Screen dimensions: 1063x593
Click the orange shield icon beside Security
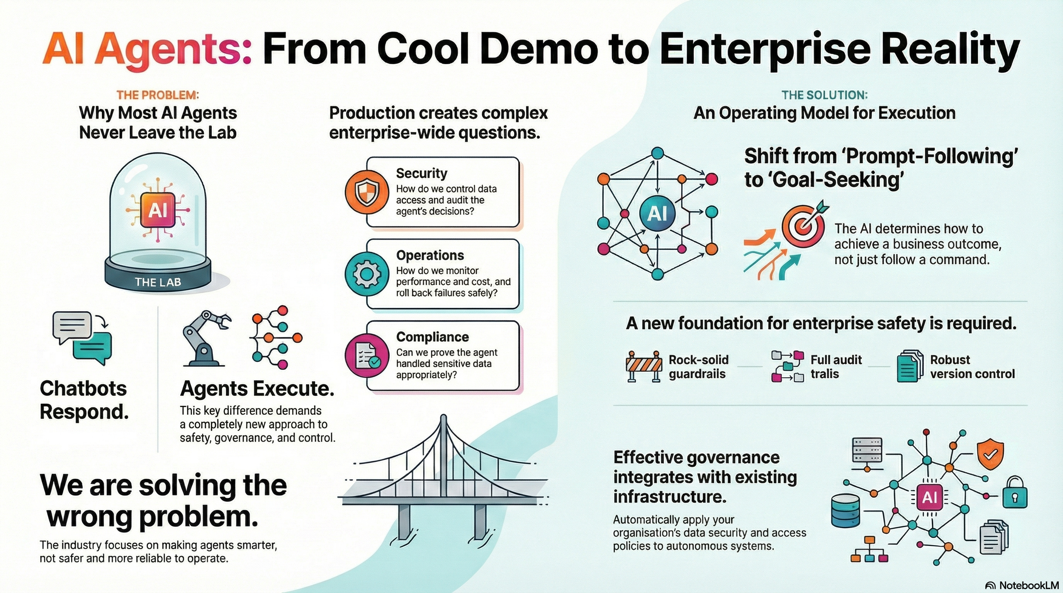tap(367, 193)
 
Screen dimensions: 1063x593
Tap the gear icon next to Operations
tap(367, 274)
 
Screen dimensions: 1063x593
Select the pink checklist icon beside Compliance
tap(367, 356)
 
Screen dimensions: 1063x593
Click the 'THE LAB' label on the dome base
tap(158, 283)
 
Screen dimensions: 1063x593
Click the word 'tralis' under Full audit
tap(825, 374)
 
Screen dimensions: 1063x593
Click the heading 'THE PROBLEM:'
tap(158, 95)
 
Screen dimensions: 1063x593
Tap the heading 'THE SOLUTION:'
tap(825, 95)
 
